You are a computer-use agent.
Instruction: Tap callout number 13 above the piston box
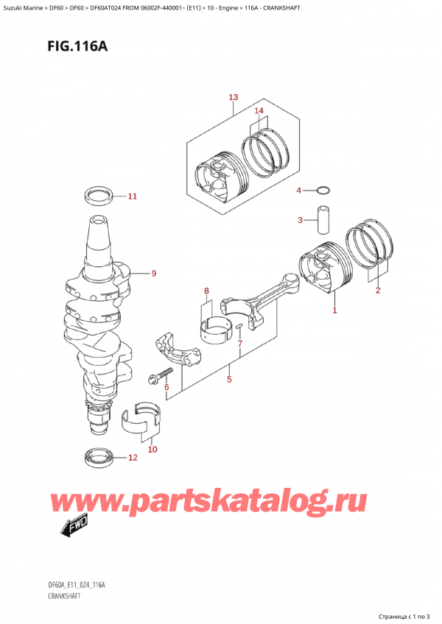(234, 98)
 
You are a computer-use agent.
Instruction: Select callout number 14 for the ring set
(259, 111)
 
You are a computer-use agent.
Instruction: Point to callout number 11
(132, 196)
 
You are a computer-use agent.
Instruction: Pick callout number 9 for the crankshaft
(154, 274)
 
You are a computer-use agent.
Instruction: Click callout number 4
(299, 191)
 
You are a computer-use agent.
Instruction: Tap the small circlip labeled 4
(322, 191)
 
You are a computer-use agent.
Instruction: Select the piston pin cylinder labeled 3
(321, 221)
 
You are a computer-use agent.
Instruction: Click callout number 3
(300, 220)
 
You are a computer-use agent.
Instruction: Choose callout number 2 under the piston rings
(377, 291)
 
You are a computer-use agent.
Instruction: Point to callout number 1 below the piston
(334, 311)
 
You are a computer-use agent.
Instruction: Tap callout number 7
(240, 344)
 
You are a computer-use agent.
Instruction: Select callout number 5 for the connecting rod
(229, 380)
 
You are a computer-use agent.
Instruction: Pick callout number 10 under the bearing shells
(152, 449)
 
